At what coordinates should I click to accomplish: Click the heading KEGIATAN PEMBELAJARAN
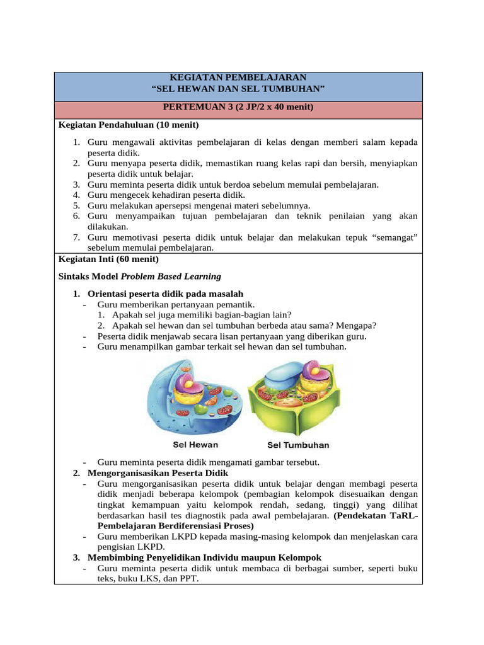(x=238, y=76)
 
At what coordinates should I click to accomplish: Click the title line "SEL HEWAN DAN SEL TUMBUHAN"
(x=238, y=88)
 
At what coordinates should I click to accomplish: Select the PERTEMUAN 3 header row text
(x=238, y=108)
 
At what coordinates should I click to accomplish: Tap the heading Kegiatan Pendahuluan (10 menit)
(x=128, y=125)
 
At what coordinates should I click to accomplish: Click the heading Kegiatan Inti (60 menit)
(x=108, y=259)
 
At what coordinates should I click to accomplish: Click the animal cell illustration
(x=189, y=394)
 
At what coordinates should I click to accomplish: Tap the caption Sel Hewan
(x=195, y=445)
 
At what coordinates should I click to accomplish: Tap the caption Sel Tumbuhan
(x=298, y=445)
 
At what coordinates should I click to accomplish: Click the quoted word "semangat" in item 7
(x=393, y=237)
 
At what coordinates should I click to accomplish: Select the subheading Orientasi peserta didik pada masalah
(x=165, y=294)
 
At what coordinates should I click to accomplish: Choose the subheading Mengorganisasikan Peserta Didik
(x=158, y=472)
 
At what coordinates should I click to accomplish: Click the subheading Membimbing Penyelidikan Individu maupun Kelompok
(x=204, y=557)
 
